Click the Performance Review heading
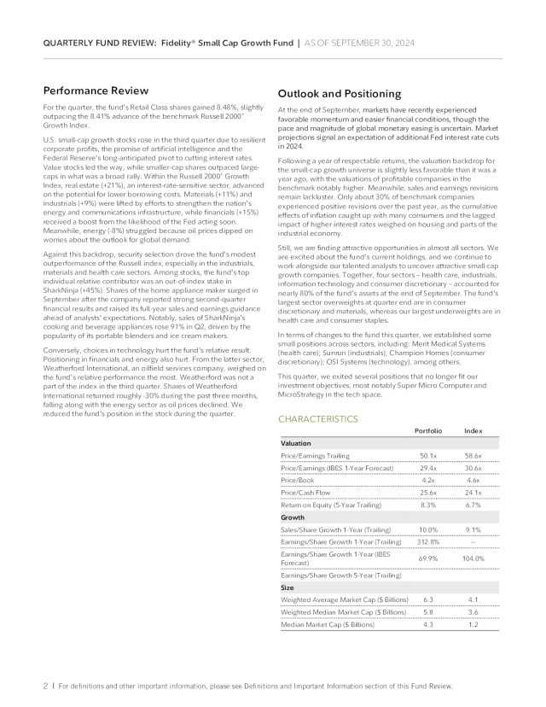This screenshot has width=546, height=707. [96, 91]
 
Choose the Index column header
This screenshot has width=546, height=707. [473, 431]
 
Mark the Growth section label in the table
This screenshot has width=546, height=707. [293, 517]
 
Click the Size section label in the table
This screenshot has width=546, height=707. [288, 587]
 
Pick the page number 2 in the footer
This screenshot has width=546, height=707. [45, 686]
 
